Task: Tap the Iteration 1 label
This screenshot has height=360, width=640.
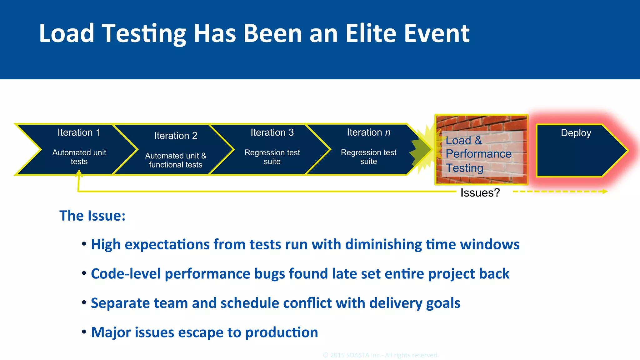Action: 79,132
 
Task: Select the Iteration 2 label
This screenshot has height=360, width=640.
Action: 176,136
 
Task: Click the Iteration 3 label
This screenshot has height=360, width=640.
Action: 272,132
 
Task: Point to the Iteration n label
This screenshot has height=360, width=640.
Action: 368,132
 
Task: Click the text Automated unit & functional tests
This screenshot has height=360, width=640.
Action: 176,160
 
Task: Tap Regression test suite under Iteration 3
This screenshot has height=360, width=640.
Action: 272,157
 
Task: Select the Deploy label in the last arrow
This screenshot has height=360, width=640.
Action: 576,133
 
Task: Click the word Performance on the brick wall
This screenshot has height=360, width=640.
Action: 478,154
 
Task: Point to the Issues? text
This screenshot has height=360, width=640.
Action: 480,192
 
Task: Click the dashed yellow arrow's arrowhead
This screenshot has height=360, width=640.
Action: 605,191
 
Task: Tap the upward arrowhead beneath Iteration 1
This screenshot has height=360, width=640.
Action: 79,173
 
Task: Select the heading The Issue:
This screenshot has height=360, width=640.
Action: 92,216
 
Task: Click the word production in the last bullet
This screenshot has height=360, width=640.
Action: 282,332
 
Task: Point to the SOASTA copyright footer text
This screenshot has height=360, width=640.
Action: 381,355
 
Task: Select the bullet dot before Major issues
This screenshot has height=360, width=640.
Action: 84,332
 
